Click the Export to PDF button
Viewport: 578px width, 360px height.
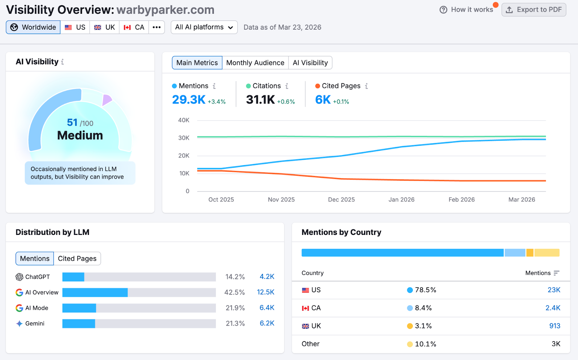click(x=534, y=10)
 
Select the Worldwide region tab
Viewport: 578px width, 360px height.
click(x=33, y=27)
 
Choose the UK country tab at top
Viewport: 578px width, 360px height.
click(x=105, y=27)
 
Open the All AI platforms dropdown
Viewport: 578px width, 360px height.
click(x=204, y=27)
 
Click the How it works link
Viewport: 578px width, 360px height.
click(x=467, y=10)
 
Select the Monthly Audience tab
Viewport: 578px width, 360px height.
click(x=255, y=63)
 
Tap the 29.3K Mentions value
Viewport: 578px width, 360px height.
click(x=189, y=99)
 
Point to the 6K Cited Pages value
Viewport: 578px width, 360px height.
click(x=323, y=99)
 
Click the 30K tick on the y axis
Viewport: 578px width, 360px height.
click(x=184, y=138)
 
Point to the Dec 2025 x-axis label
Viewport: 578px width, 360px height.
click(x=341, y=200)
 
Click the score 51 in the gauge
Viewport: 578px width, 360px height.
click(x=72, y=123)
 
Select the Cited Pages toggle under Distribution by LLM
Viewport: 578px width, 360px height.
click(x=77, y=258)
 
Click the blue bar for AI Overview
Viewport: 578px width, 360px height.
click(x=95, y=292)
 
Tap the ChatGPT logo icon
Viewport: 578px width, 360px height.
click(x=20, y=277)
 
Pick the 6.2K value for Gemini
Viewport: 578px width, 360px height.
click(x=267, y=323)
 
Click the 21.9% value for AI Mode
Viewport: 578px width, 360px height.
click(x=235, y=308)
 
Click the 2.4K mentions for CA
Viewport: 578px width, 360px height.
click(x=553, y=308)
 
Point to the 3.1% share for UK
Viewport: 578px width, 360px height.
click(x=423, y=326)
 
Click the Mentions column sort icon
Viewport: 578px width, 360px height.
click(x=556, y=273)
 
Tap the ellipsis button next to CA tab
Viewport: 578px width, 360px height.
click(x=156, y=27)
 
